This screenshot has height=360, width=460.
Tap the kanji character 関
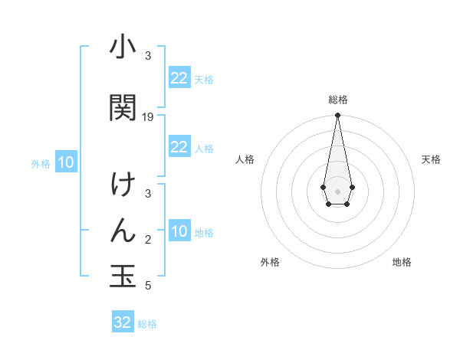point(123,107)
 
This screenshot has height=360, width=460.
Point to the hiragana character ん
point(123,231)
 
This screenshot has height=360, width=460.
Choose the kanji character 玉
point(123,277)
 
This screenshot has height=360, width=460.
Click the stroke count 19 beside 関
point(148,117)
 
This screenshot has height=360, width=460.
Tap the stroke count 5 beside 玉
point(148,286)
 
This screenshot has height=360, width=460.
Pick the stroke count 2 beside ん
point(148,241)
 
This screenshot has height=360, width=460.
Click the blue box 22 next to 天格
point(179,78)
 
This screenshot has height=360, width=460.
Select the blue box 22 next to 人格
point(179,147)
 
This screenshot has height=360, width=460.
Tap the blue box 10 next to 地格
point(179,231)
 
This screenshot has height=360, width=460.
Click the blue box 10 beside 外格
point(65,162)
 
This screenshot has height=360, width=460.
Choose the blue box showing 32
point(123,322)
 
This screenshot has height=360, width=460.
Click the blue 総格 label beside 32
point(147,324)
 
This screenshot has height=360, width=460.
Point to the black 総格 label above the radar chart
point(337,100)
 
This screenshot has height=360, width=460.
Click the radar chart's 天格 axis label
point(431,159)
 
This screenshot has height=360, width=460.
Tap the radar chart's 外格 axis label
point(270,262)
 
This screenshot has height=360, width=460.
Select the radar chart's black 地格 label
point(402,262)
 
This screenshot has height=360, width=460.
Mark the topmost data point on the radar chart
point(337,116)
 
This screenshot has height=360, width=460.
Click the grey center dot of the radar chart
point(337,190)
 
